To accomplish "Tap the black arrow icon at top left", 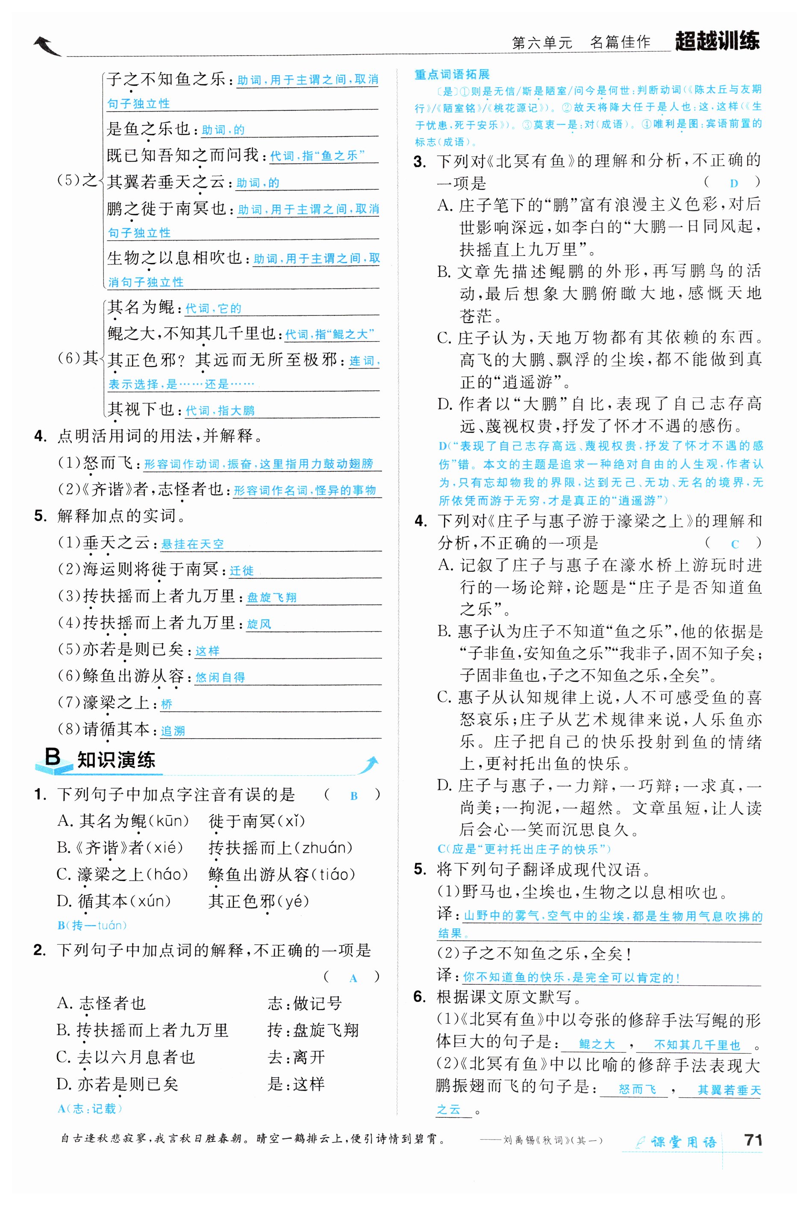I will (47, 47).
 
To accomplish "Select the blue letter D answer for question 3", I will (734, 183).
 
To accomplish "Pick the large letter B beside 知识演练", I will (53, 757).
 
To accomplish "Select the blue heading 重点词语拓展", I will (452, 74).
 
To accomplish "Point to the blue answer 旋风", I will (259, 624).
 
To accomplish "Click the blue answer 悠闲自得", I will (221, 677).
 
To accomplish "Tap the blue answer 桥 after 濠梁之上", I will (167, 704).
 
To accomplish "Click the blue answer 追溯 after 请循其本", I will (173, 731).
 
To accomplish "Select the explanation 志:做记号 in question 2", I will (304, 1003).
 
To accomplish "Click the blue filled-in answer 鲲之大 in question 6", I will (597, 1044).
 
